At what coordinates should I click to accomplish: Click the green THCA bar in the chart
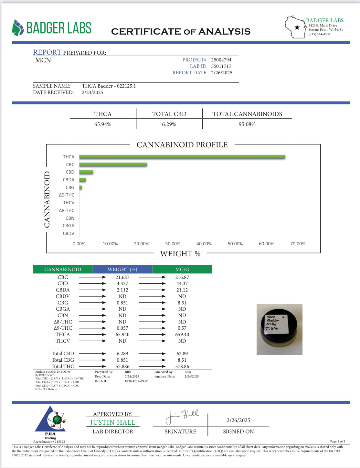point(182,157)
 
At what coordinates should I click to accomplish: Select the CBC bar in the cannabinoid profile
point(113,165)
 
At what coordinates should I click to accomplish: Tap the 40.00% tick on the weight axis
point(204,244)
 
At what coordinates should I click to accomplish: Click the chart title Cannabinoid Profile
point(182,145)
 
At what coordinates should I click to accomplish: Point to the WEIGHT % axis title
point(180,254)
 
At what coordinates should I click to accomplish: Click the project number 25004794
point(221,60)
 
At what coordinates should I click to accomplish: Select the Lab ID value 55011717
point(221,66)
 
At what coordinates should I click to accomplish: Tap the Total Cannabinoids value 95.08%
point(247,124)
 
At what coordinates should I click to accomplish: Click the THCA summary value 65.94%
point(103,124)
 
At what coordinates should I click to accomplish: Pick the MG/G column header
point(182,269)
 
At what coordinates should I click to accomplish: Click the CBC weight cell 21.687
point(122,277)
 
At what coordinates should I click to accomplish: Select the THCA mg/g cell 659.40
point(182,335)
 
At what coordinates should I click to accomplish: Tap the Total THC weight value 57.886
point(122,367)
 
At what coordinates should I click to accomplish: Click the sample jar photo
point(279,329)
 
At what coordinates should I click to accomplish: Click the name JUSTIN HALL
point(113,422)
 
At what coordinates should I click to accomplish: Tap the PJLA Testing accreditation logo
point(50,422)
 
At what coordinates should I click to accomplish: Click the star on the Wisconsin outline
point(297,27)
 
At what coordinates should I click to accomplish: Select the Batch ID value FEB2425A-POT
point(136,381)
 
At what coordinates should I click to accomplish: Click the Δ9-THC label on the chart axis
point(67,195)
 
